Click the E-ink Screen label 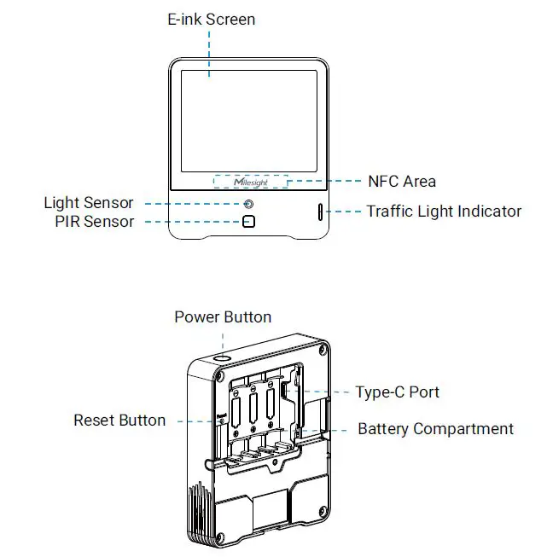click(x=211, y=19)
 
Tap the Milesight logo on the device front click(x=250, y=182)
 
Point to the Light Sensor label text click(x=89, y=203)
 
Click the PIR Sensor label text click(x=94, y=222)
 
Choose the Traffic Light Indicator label click(x=444, y=211)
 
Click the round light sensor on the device click(x=248, y=205)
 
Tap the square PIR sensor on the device click(x=248, y=222)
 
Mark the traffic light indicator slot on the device click(x=321, y=212)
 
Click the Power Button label click(x=223, y=317)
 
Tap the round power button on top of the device click(x=223, y=360)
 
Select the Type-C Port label click(x=398, y=392)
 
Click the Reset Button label click(x=119, y=421)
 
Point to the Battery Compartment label click(x=435, y=429)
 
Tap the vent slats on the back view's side click(x=198, y=511)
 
